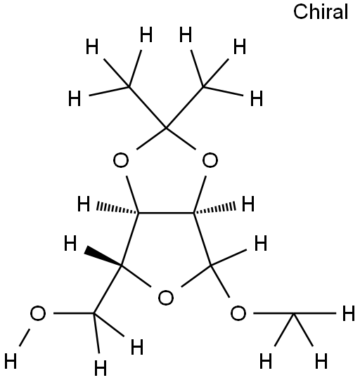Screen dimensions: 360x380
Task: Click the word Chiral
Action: (321, 12)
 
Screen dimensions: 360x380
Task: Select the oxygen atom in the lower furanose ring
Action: (166, 298)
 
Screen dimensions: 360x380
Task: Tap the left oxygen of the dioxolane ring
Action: (121, 160)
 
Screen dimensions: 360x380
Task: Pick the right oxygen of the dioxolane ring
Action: (210, 160)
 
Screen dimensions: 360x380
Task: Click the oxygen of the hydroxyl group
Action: (38, 313)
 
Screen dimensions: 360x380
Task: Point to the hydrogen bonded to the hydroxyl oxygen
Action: (11, 361)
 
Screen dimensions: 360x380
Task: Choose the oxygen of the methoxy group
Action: (238, 313)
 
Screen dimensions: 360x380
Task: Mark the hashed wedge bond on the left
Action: (117, 208)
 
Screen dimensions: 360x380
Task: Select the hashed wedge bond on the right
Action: (214, 208)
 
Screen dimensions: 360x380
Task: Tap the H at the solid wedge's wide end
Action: (70, 243)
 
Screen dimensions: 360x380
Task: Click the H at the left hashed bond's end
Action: (84, 204)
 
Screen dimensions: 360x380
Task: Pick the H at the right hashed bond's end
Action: (248, 204)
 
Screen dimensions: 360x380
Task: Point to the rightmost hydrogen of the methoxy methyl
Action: (349, 313)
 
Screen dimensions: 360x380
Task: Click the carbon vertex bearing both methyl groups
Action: (166, 126)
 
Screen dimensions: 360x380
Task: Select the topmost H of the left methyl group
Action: (146, 35)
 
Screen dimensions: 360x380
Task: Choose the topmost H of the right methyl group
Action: (186, 35)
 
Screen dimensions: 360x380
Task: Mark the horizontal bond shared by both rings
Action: (166, 213)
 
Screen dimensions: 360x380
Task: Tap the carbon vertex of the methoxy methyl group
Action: (294, 313)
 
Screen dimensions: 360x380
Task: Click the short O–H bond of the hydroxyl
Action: (25, 337)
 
